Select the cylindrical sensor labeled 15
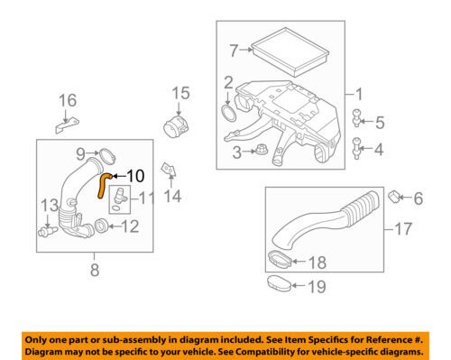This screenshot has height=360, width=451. click(x=175, y=125)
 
